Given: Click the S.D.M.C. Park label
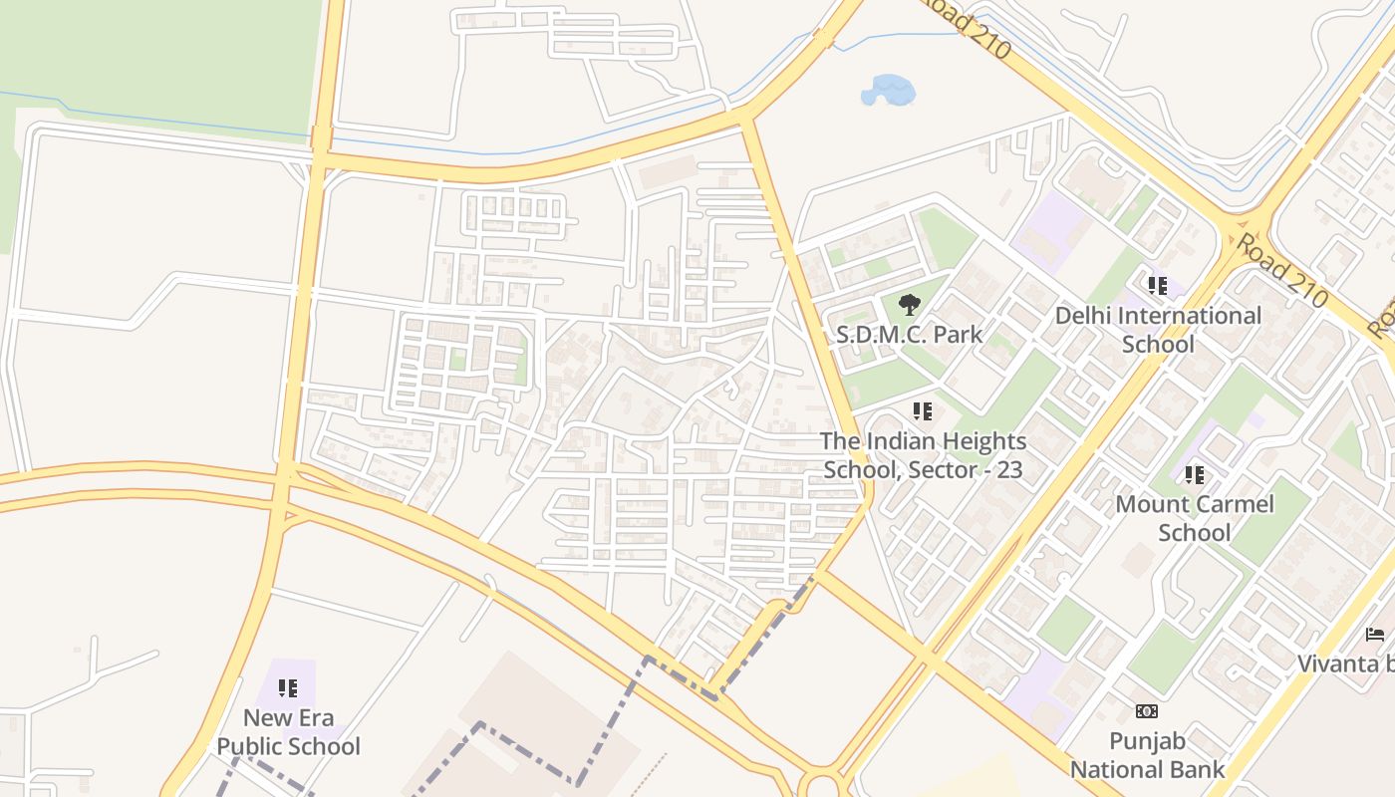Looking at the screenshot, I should [909, 335].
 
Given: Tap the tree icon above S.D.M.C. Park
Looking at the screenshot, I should [909, 305].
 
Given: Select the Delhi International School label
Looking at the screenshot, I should [1158, 330].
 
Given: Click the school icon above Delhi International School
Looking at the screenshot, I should [1157, 287].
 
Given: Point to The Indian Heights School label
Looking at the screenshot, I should [923, 441].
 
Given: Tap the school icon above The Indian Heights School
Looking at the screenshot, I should [923, 410].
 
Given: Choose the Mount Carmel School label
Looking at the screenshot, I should [1194, 518].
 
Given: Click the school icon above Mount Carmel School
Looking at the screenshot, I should [1194, 475].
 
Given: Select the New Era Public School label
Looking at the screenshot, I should [288, 732].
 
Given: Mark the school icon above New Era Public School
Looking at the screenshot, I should [288, 688].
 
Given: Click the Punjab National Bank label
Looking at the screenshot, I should [1147, 755].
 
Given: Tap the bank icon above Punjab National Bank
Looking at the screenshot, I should [1147, 711].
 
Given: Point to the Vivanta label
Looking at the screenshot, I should [1345, 664].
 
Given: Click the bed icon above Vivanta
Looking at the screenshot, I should [1375, 635].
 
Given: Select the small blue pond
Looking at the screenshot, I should [887, 91].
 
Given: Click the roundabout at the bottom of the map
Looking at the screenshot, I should [823, 784].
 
